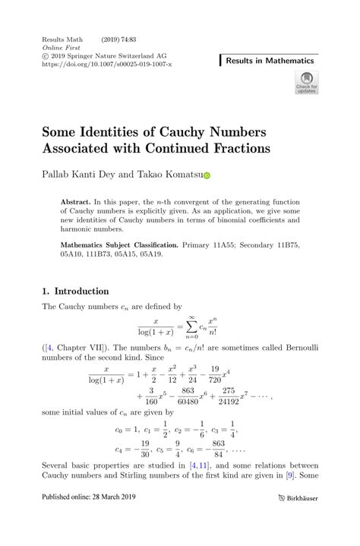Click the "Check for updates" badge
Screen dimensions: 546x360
tap(307, 83)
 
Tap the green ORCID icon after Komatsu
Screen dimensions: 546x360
tap(205, 175)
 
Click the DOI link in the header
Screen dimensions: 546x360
tap(106, 65)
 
